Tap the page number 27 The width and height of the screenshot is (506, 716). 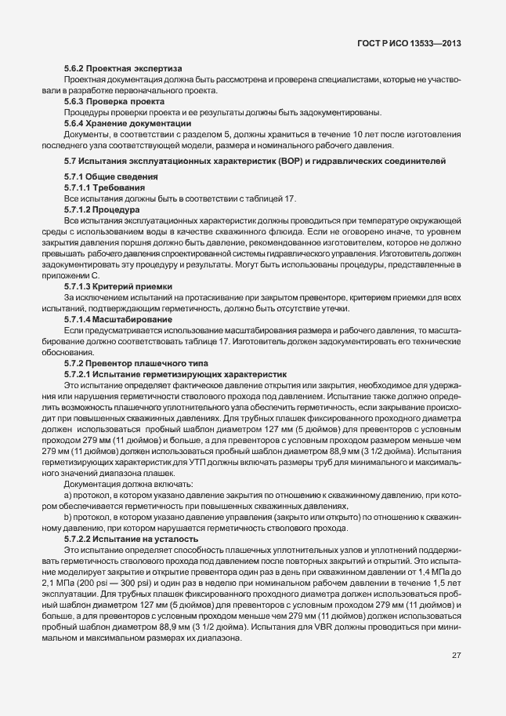click(456, 656)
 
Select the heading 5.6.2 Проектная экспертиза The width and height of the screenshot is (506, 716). click(122, 68)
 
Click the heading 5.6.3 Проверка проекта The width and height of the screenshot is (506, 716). click(114, 101)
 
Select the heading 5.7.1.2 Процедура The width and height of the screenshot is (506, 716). click(102, 209)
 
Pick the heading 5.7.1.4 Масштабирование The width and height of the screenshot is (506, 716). click(118, 319)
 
